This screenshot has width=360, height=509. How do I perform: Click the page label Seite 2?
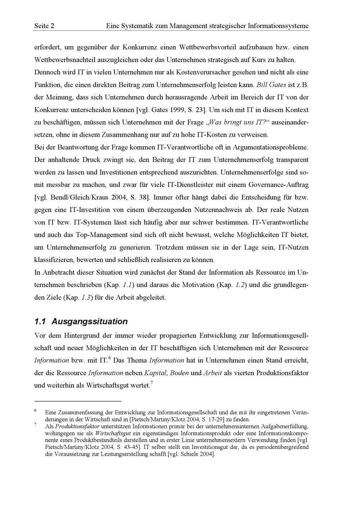44,26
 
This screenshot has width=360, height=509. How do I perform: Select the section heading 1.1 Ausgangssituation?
81,321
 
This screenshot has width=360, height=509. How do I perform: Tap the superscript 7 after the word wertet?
152,383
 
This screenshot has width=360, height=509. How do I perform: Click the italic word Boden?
179,373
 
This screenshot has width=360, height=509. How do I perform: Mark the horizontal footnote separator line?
78,401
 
